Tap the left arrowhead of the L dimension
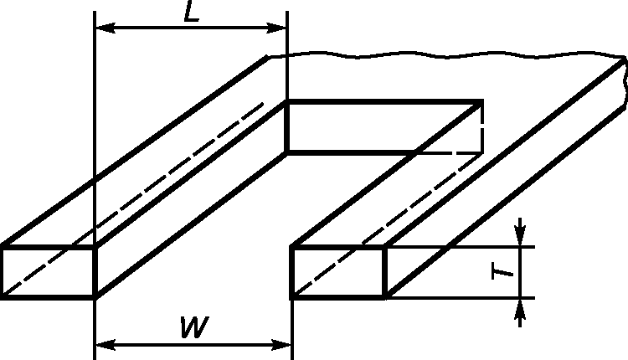102,29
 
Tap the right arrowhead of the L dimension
280,29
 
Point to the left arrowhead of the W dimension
102,343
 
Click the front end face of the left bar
48,272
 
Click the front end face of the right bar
337,272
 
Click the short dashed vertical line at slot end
483,134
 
